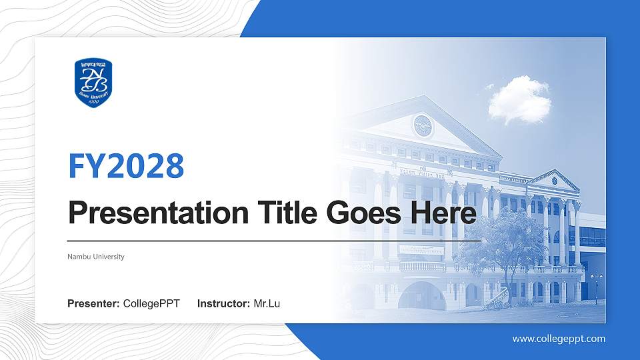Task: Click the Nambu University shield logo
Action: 93,83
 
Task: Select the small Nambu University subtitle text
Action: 96,257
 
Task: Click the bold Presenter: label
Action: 93,304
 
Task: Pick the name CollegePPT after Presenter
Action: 151,304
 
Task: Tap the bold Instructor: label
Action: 224,304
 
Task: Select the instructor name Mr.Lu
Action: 267,304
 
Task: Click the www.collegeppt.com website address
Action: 559,339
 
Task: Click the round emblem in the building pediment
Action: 423,125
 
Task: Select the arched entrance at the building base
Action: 421,295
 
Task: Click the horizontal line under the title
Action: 274,240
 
